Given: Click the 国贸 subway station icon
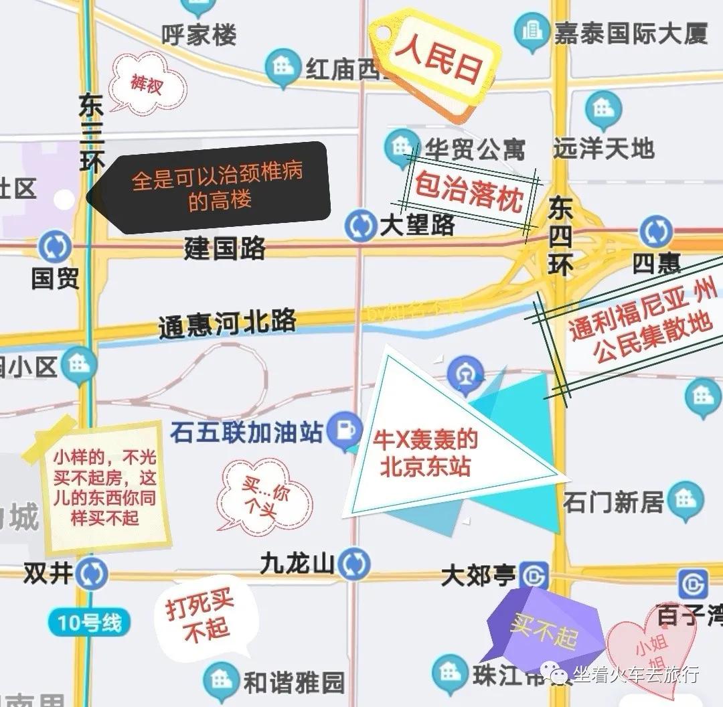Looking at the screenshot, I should [x=55, y=246].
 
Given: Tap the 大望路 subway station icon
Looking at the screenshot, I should [x=360, y=226].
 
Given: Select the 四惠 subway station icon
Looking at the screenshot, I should [x=655, y=232].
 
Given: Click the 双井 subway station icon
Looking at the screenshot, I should [x=91, y=574].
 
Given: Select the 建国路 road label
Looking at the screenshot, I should [x=225, y=248].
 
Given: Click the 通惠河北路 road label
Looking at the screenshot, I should [x=228, y=324].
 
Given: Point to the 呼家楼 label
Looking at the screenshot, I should [x=199, y=35].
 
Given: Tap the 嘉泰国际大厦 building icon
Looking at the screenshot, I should [x=531, y=30].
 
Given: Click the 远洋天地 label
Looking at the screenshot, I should [x=603, y=148].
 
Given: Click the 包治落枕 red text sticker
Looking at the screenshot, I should [x=469, y=191].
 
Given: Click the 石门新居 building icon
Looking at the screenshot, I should [x=686, y=499].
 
